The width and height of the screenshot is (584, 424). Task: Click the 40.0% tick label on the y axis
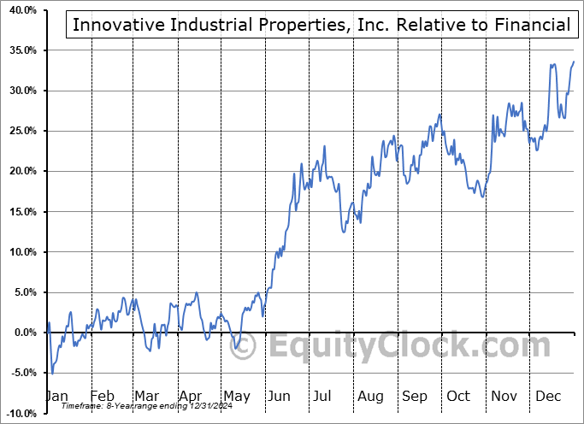click(x=20, y=10)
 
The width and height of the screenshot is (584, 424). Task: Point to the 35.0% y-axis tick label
click(x=20, y=50)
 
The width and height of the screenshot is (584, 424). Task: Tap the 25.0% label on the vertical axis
click(x=20, y=131)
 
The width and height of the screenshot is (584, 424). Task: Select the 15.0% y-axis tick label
click(x=20, y=212)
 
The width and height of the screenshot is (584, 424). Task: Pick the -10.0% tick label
click(x=18, y=413)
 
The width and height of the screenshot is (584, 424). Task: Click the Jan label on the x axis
click(x=57, y=396)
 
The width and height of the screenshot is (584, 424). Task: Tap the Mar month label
click(x=146, y=396)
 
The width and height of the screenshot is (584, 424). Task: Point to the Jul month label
click(x=323, y=396)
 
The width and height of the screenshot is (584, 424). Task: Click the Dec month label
click(x=548, y=396)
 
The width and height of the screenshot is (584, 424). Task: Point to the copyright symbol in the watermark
click(x=244, y=346)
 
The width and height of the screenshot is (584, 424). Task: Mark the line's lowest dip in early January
click(x=52, y=374)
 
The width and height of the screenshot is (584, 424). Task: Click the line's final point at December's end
click(x=574, y=62)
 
